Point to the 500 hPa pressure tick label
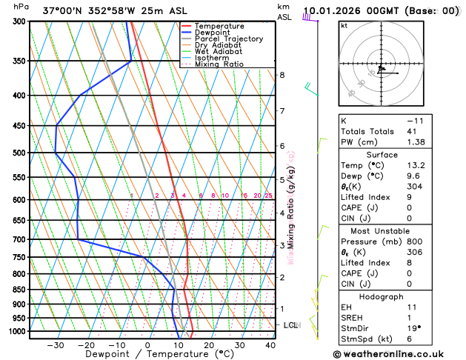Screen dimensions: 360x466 click(x=20, y=153)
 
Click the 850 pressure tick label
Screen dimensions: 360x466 click(x=20, y=290)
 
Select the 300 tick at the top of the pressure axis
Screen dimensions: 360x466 click(x=20, y=21)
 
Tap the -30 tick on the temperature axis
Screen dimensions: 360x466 click(x=55, y=344)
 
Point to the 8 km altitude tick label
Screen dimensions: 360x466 click(x=282, y=75)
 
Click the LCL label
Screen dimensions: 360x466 click(x=291, y=325)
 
